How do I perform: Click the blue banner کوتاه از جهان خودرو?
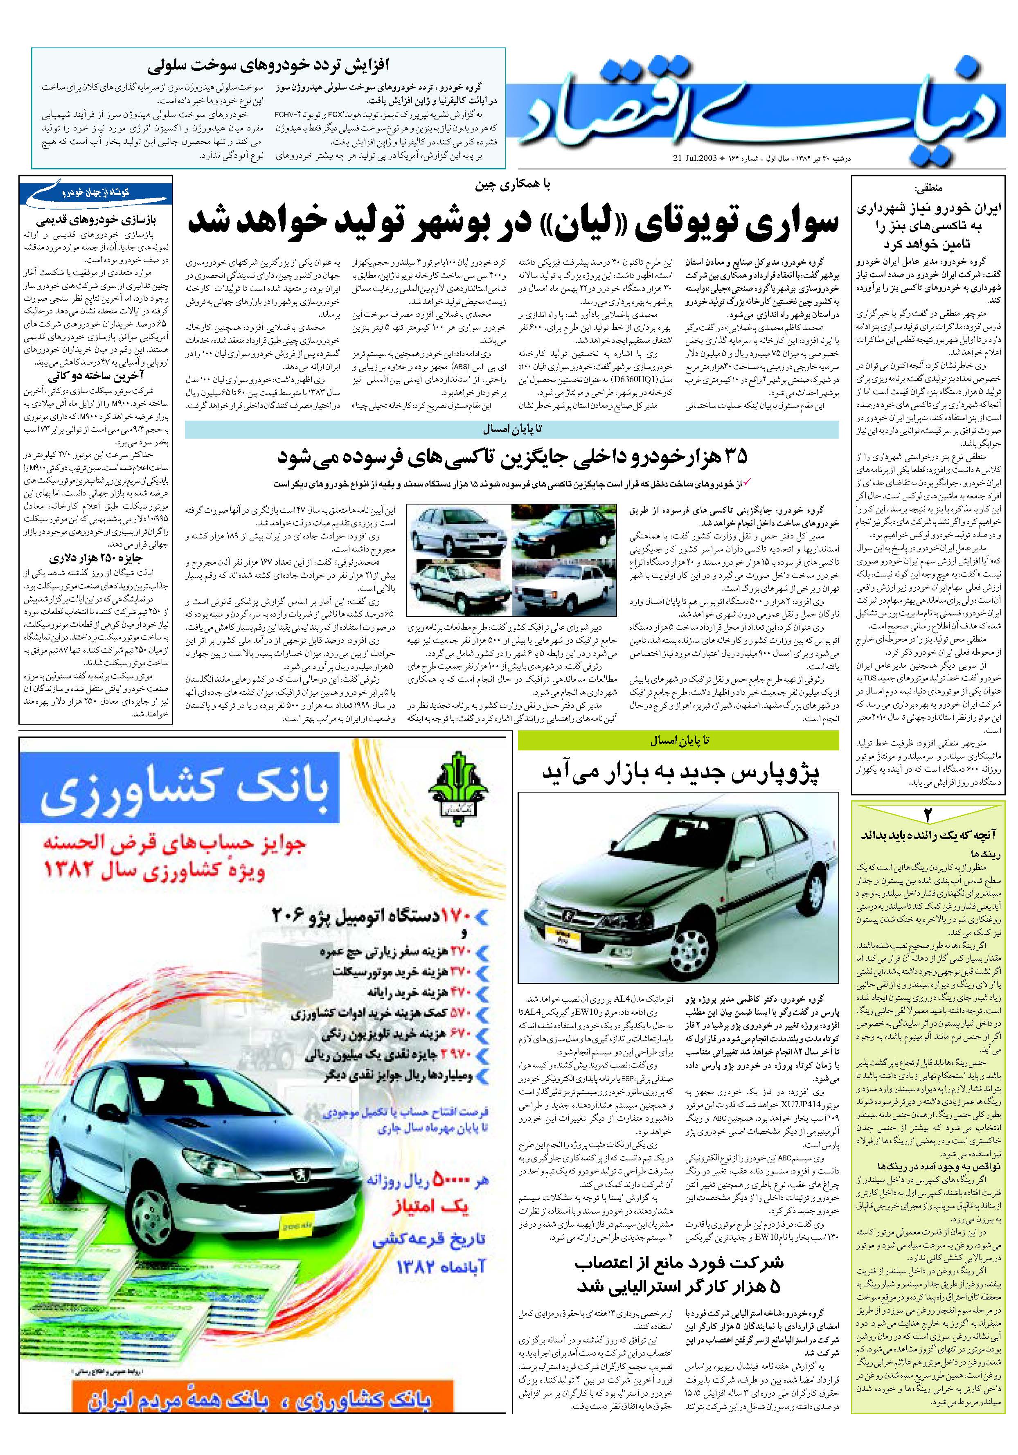(95, 191)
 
